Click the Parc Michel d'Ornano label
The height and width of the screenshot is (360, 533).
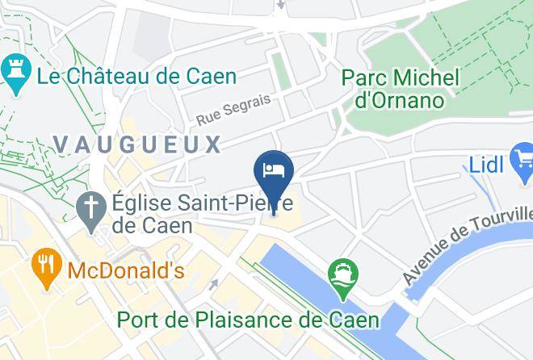click(400, 89)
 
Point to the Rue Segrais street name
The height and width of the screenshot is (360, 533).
click(233, 109)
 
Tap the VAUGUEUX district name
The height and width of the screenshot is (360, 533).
click(136, 144)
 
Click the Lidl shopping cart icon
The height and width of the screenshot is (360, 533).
click(523, 158)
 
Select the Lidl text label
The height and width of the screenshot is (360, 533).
click(487, 165)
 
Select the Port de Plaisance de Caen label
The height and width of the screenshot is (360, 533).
click(248, 319)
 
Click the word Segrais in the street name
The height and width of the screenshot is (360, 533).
click(247, 105)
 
